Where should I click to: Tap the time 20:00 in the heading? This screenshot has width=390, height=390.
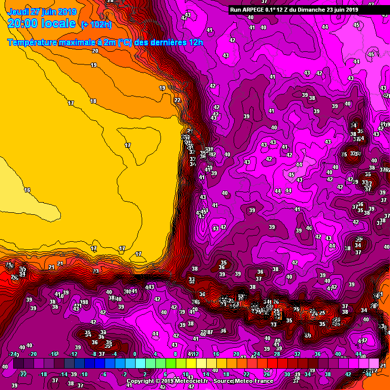24,23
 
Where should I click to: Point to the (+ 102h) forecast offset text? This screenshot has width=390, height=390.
96,24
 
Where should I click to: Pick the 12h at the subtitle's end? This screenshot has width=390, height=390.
197,43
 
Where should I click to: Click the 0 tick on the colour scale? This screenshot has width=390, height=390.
135,354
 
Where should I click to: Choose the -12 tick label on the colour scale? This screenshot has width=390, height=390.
73,354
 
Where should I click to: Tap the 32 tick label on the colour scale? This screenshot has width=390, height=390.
297,354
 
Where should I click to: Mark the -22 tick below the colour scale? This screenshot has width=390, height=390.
23,374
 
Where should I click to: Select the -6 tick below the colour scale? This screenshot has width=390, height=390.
104,374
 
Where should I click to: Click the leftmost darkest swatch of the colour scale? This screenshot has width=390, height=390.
18,364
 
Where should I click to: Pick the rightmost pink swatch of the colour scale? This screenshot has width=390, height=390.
374,364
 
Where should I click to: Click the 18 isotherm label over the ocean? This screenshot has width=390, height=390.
93,101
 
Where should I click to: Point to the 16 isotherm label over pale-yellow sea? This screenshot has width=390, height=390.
27,190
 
